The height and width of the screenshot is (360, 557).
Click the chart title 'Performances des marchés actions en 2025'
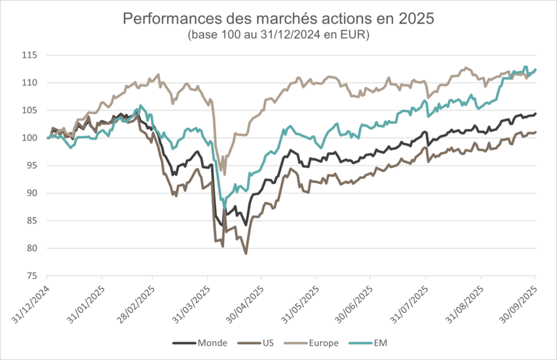point(278,18)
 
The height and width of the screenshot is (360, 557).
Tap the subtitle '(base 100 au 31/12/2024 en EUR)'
point(278,35)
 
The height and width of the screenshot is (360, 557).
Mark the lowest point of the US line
point(246,253)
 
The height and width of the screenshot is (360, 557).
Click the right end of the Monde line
point(536,113)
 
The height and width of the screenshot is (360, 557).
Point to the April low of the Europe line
point(225,174)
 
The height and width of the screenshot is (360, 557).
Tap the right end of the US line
point(536,132)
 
